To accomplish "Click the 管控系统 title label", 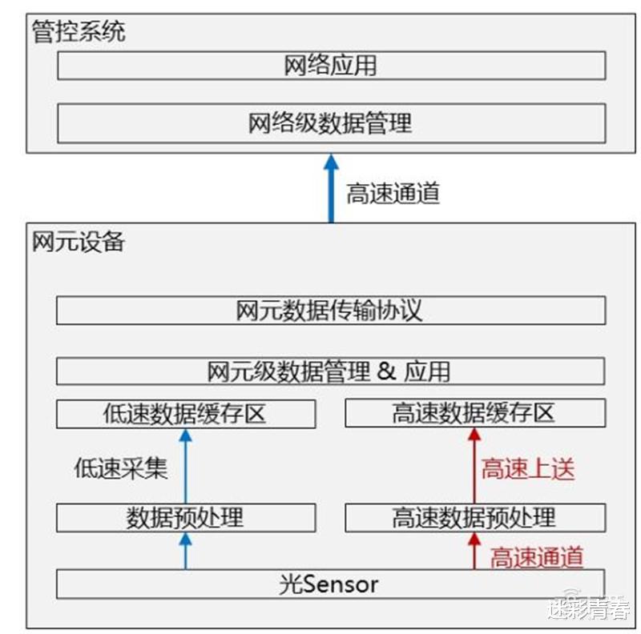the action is tap(79, 31).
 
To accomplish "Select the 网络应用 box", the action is tap(332, 66).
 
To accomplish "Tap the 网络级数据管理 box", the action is tap(332, 123).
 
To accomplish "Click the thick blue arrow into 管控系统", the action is tap(331, 188).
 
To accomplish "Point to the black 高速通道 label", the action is tap(393, 193).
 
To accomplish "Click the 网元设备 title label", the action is tap(79, 242).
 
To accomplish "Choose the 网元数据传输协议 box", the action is tap(331, 311).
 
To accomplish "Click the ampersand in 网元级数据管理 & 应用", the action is tap(386, 371).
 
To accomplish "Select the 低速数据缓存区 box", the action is tap(186, 414).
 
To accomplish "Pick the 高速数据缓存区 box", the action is tap(475, 413).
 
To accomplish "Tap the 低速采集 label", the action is tap(121, 468).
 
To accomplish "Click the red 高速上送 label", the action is tap(528, 468).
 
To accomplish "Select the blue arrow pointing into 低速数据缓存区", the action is tap(186, 466).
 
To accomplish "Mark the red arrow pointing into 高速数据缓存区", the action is tap(474, 466).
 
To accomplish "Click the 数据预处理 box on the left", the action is tap(186, 518).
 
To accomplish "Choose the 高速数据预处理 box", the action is tap(475, 518).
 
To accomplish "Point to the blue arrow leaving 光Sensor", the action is tap(186, 551).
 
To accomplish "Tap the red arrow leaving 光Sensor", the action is tap(474, 551).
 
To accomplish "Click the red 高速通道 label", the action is tap(537, 557).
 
